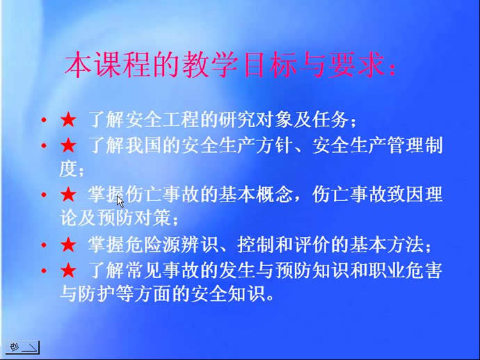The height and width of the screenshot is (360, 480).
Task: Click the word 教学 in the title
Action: (x=210, y=65)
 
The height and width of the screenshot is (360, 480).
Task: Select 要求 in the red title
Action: (x=356, y=65)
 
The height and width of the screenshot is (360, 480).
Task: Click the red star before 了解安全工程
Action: (x=68, y=120)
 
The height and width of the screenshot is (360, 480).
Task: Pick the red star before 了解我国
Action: (x=68, y=145)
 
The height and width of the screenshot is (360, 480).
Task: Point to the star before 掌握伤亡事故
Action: (x=68, y=195)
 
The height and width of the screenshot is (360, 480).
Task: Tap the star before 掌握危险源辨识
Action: (x=68, y=245)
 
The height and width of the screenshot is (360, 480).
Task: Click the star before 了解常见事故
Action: (x=68, y=270)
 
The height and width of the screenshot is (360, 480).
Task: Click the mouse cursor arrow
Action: (x=120, y=202)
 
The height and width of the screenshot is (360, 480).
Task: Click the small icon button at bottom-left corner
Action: (x=22, y=347)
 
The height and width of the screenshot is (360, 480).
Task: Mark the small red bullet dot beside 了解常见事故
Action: (x=44, y=270)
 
